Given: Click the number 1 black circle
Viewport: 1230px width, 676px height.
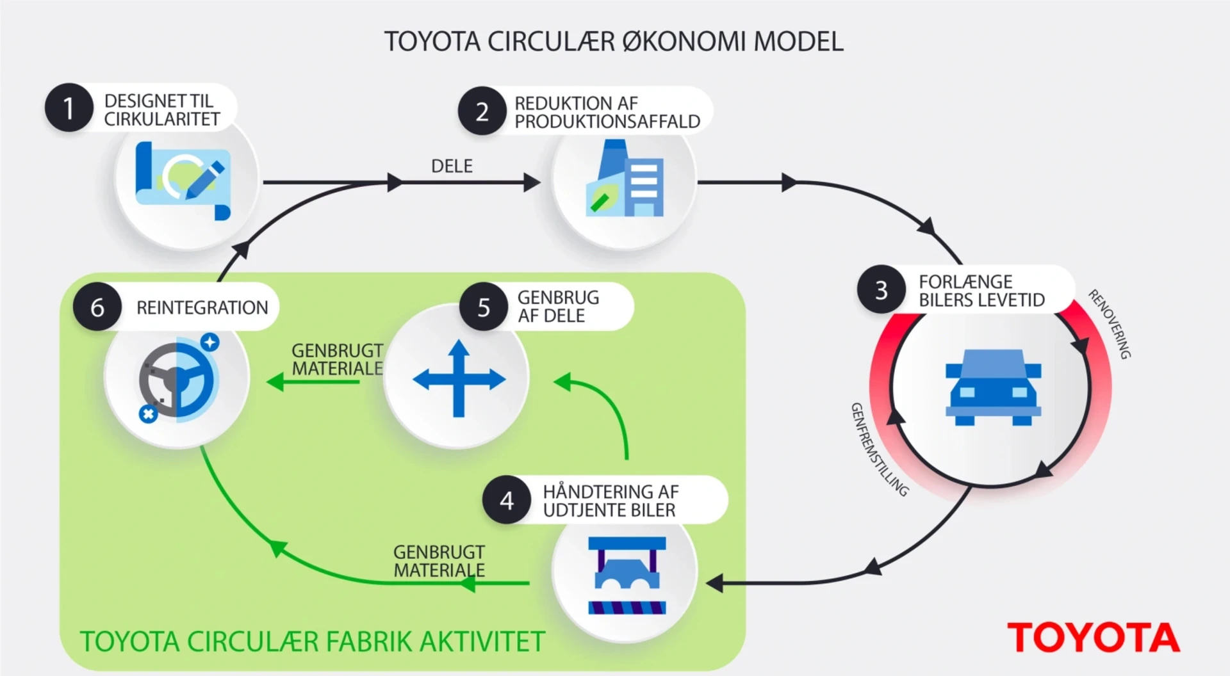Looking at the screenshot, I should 69,108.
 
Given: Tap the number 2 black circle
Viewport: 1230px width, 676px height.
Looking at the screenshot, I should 482,111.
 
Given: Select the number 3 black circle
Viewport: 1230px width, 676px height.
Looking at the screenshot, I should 881,289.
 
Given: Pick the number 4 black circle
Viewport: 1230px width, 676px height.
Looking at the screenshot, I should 507,500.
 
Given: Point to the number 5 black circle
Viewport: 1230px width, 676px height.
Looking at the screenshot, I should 484,307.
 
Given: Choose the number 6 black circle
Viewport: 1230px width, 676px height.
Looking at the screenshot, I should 97,307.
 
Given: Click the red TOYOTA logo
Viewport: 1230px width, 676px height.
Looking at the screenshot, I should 1093,638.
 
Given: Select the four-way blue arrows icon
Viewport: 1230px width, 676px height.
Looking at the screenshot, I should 459,379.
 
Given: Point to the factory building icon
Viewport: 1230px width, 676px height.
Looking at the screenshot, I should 625,179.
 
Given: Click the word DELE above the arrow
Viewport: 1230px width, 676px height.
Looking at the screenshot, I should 452,166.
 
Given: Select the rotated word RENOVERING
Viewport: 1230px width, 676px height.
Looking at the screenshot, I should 1110,324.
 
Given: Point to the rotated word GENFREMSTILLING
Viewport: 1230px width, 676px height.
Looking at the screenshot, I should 879,449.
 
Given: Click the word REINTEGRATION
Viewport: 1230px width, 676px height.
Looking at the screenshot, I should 202,308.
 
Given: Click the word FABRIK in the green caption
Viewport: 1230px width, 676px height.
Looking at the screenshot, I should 370,641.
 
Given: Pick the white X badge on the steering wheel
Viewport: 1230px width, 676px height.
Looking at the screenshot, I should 148,414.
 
